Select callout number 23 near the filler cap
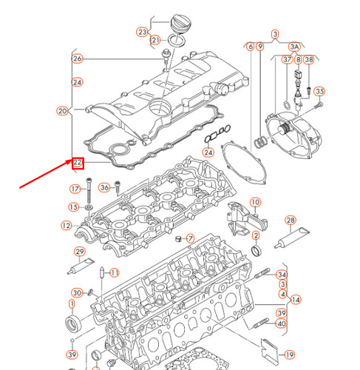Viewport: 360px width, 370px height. click(x=142, y=32)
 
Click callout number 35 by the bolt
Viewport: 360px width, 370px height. click(x=319, y=92)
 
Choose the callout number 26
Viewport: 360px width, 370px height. click(x=78, y=58)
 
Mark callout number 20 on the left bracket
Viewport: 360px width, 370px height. click(x=62, y=112)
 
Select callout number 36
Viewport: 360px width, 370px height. click(x=103, y=187)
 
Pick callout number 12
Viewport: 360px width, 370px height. click(x=67, y=225)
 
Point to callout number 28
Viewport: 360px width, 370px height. click(x=291, y=221)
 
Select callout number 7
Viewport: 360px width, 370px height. click(x=190, y=238)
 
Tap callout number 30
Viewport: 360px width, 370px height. click(x=77, y=292)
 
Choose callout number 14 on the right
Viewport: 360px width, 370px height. click(x=296, y=300)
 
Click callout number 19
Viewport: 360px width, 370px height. click(x=290, y=354)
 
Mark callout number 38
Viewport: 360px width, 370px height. click(x=308, y=59)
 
